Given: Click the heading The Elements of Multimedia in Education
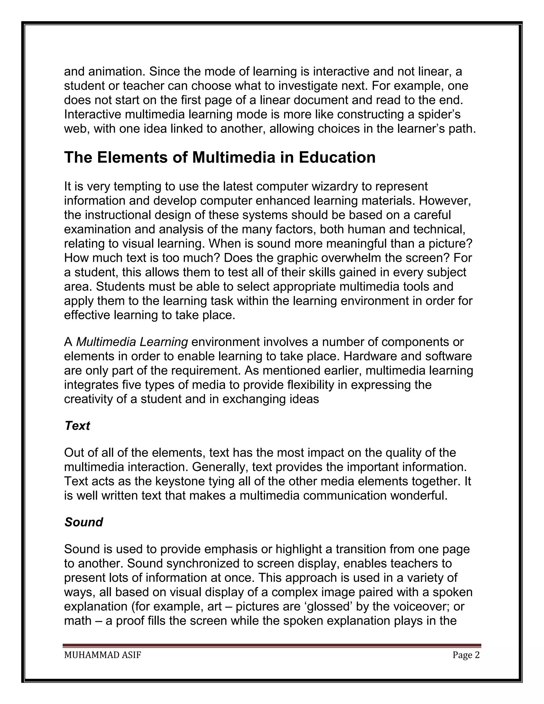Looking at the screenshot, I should tap(220, 158).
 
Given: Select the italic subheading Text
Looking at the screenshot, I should tap(77, 426).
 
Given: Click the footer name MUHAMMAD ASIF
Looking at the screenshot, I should tap(103, 655).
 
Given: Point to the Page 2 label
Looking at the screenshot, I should tap(466, 655).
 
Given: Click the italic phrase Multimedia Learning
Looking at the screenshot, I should tap(132, 342).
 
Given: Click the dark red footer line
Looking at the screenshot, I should tap(272, 645).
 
